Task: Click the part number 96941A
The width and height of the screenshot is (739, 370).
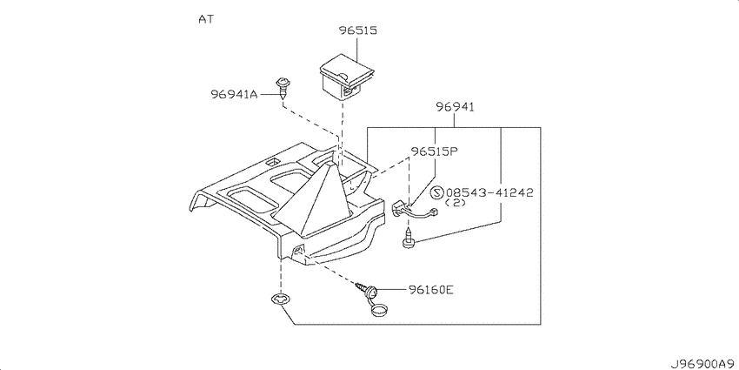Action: coord(234,94)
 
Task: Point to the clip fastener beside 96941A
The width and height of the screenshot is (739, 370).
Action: coord(282,85)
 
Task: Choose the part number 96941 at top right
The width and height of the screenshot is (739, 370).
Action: coord(455,107)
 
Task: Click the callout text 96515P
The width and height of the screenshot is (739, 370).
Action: coord(435,151)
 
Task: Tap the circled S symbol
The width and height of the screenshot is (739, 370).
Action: coord(437,192)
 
